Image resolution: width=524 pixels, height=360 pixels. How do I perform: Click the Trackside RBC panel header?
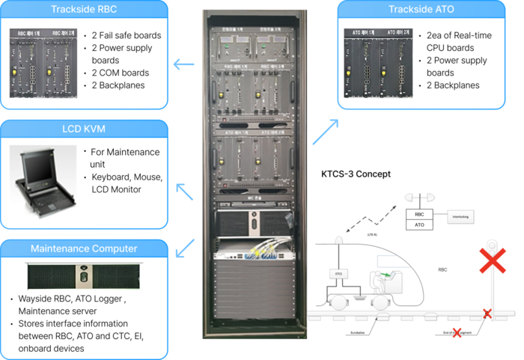click(84, 10)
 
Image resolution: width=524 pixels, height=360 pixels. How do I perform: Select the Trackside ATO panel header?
click(421, 10)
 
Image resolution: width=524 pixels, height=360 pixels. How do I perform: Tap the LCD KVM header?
click(84, 129)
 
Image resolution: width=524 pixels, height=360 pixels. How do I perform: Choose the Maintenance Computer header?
click(84, 248)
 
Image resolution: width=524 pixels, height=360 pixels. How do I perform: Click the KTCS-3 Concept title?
click(356, 174)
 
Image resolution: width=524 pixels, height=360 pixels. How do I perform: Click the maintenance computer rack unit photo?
click(83, 275)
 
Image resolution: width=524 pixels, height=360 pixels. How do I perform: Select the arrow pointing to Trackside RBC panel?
click(183, 64)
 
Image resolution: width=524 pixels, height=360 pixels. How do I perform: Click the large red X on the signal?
click(492, 261)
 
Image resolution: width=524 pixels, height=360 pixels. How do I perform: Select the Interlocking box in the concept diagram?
click(460, 218)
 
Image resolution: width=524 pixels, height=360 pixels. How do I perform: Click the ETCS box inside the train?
click(338, 275)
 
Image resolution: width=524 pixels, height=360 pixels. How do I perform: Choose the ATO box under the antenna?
click(419, 225)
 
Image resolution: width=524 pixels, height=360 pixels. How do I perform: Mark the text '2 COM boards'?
click(120, 73)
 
